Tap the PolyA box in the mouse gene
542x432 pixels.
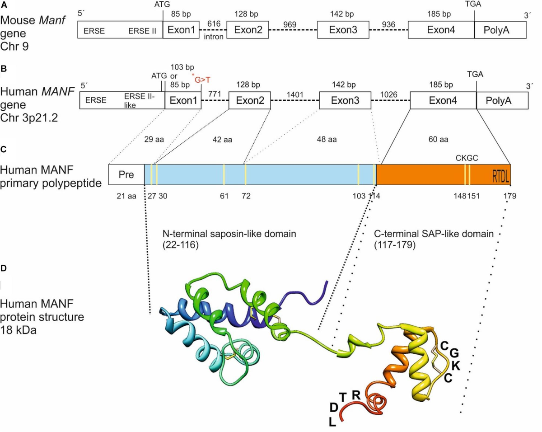coord(500,31)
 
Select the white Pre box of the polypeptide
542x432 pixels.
coord(126,174)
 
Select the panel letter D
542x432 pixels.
coord(4,268)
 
